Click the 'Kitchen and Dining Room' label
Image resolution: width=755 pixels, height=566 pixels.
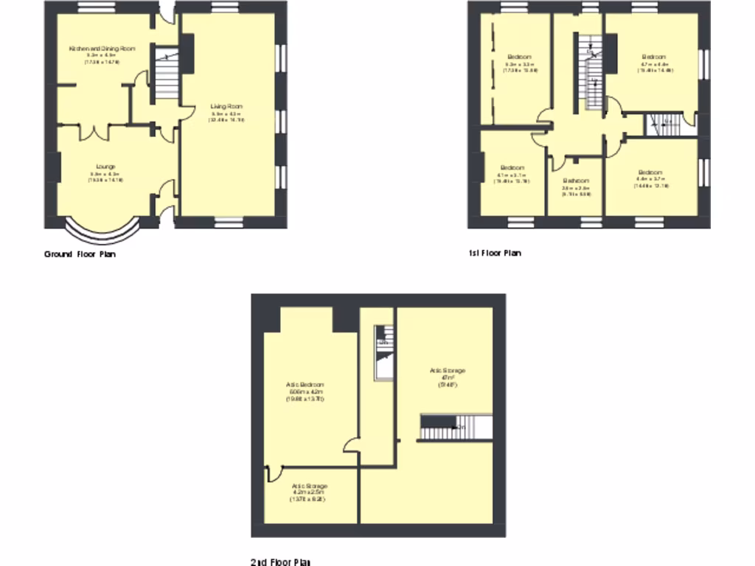click(102, 49)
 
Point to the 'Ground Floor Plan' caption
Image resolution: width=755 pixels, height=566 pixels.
click(80, 254)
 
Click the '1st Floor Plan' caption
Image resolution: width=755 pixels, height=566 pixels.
click(494, 254)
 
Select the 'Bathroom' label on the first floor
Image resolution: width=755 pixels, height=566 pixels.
click(576, 181)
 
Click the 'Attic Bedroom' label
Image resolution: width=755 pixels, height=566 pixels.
click(305, 385)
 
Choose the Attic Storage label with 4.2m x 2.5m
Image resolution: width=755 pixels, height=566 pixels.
click(309, 486)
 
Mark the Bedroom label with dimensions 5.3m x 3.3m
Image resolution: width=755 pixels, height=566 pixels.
click(519, 57)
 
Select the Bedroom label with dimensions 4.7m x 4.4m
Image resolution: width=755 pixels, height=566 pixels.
click(653, 57)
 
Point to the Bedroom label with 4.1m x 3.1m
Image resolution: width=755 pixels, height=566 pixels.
click(512, 167)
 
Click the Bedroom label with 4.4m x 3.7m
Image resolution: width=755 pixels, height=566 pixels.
click(650, 172)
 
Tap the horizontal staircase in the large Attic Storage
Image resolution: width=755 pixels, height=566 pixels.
click(445, 427)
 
